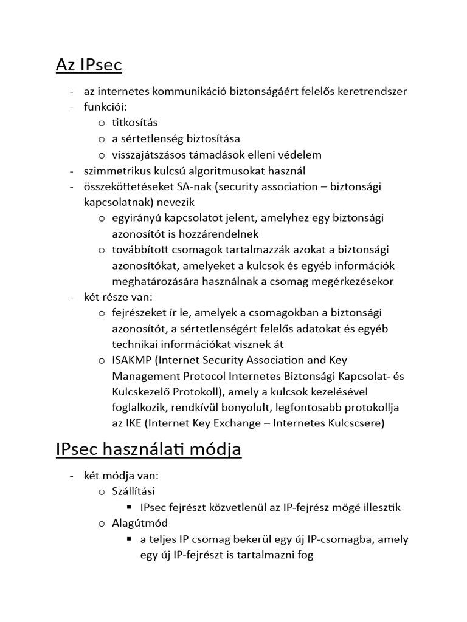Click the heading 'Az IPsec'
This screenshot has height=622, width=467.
pyautogui.click(x=89, y=64)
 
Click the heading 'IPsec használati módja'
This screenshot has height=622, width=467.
pyautogui.click(x=148, y=450)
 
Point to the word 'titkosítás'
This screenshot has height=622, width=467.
pyautogui.click(x=134, y=123)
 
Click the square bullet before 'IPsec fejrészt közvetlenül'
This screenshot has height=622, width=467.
pyautogui.click(x=129, y=507)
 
